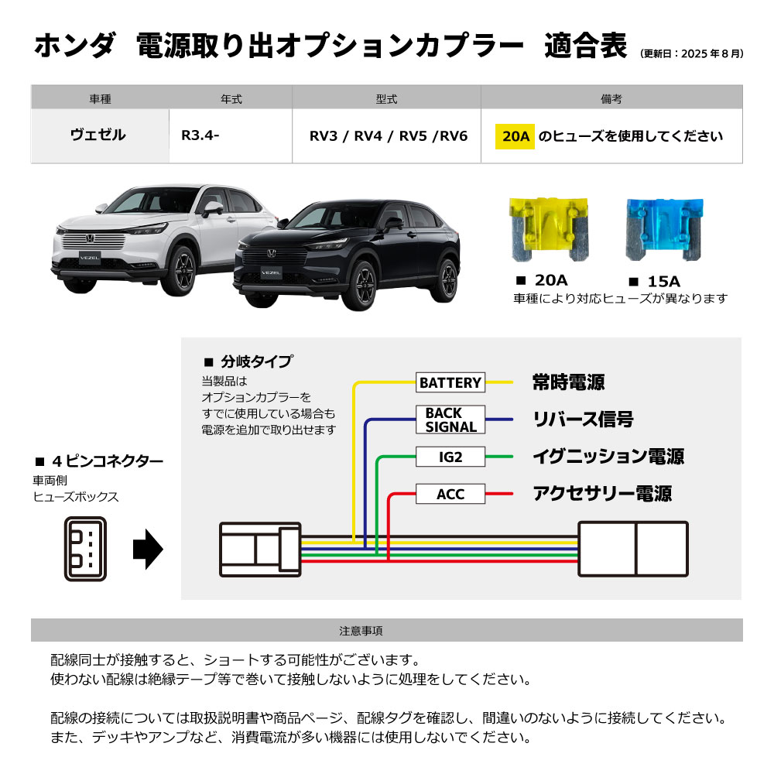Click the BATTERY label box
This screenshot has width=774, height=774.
tap(450, 382)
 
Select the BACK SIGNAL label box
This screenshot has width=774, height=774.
tap(450, 420)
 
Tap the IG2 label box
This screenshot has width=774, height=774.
tap(450, 457)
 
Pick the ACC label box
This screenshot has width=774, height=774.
tap(450, 494)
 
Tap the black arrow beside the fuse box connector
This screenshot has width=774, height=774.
tap(148, 548)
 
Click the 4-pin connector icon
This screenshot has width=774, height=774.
tap(86, 549)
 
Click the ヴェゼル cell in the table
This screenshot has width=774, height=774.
tap(98, 135)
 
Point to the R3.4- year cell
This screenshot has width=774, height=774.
tap(200, 136)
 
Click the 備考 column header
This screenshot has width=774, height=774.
tap(611, 98)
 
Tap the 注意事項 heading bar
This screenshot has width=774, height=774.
tap(387, 630)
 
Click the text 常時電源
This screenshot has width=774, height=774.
tap(568, 382)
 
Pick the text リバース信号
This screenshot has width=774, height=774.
tap(583, 420)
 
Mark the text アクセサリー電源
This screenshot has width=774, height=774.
tap(602, 494)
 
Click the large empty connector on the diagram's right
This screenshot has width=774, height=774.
tap(632, 549)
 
